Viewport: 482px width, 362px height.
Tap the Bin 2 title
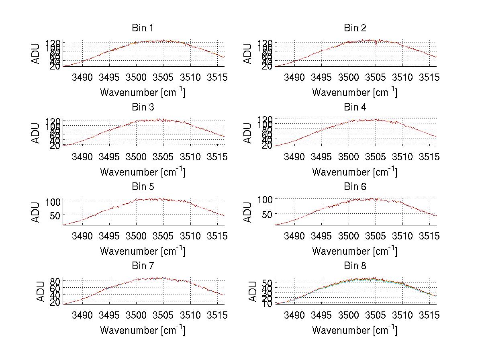point(355,28)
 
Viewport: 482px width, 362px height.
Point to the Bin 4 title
point(355,107)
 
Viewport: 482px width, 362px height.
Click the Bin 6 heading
point(355,187)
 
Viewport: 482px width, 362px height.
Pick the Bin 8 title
point(355,266)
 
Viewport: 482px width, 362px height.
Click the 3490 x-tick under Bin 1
point(82,77)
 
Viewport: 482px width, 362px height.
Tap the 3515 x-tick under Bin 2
point(429,77)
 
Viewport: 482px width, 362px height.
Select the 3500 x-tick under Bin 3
point(136,157)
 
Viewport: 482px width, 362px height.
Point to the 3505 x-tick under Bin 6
point(375,236)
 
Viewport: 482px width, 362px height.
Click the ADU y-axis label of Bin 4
point(248,133)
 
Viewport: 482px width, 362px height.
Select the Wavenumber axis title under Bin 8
point(355,330)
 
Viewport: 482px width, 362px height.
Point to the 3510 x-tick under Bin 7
point(190,315)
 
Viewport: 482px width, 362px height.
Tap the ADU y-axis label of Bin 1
point(36,53)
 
